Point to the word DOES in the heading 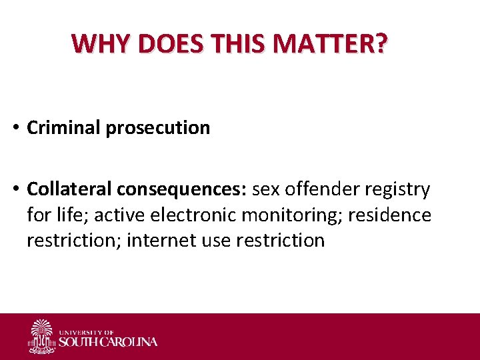(x=168, y=43)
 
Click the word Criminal (x=64, y=127)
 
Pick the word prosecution (x=157, y=127)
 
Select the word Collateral (x=69, y=189)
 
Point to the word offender (x=322, y=189)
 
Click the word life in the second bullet (x=63, y=215)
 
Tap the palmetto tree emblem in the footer (x=41, y=336)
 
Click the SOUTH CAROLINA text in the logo (x=108, y=342)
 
